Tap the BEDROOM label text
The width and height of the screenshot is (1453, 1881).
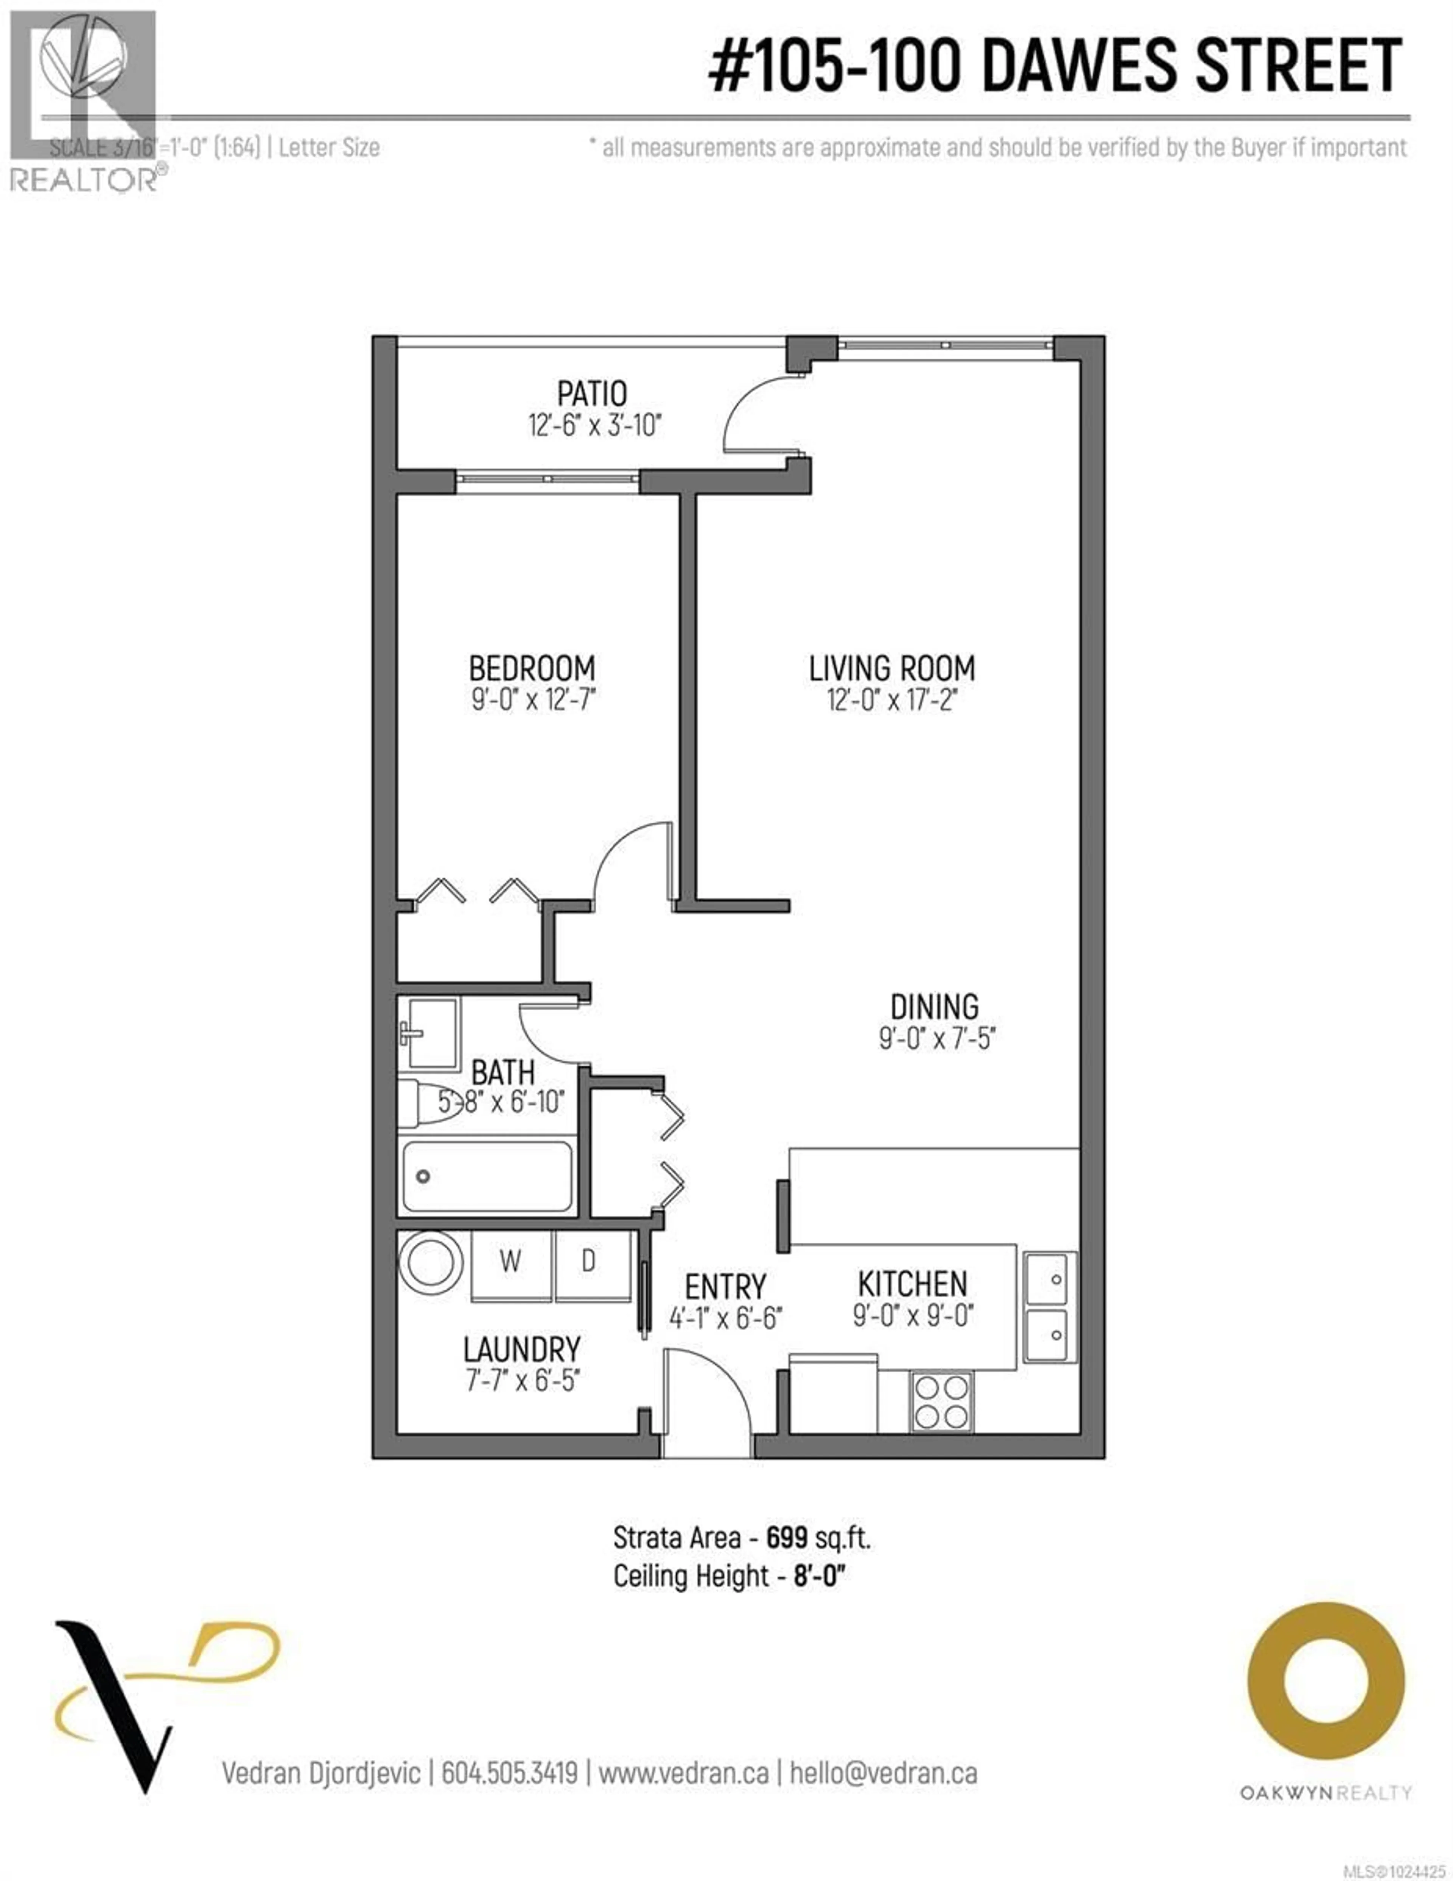[x=531, y=668]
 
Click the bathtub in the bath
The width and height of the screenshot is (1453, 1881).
[x=487, y=1176]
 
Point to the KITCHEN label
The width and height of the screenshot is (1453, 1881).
[x=912, y=1284]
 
